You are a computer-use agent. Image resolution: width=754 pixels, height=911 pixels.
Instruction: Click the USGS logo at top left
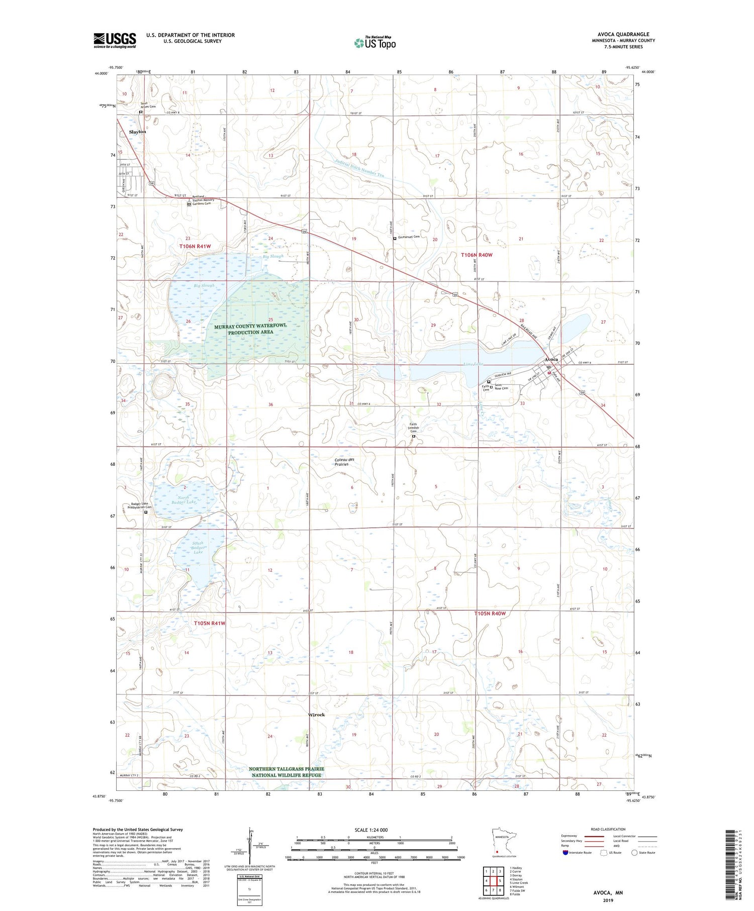point(115,40)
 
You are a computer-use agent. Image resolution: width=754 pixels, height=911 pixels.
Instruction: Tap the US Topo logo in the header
point(375,43)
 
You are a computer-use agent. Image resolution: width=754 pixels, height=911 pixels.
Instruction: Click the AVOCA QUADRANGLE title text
point(623,34)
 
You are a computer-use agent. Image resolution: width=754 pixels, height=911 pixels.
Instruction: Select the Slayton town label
point(137,132)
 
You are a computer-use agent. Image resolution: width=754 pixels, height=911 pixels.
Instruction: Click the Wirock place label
point(317,715)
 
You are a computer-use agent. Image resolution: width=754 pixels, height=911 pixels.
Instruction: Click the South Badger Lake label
point(184,547)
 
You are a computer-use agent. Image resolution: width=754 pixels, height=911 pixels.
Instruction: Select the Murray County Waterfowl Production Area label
point(250,329)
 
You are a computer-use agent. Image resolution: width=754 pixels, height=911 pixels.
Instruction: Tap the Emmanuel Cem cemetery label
point(409,236)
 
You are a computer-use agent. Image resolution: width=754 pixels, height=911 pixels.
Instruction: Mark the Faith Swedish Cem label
point(413,428)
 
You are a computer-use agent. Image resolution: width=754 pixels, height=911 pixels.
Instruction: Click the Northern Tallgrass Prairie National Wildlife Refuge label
point(287,772)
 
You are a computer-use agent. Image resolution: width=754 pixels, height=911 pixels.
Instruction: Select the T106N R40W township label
point(477,255)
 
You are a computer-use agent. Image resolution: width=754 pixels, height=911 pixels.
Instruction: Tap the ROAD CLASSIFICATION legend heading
point(608,829)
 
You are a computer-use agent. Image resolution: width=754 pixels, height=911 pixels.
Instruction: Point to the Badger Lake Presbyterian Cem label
point(139,505)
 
